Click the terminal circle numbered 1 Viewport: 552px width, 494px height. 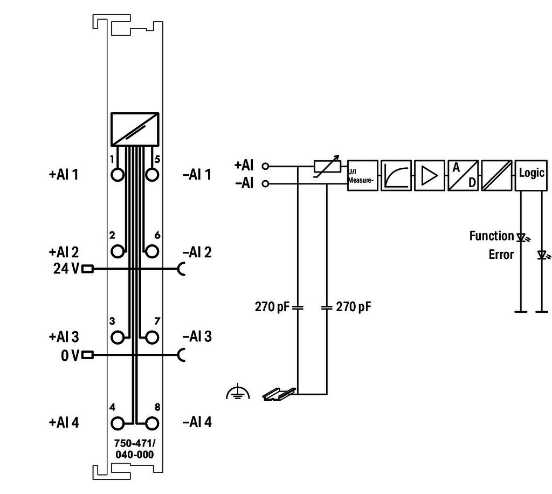click(118, 175)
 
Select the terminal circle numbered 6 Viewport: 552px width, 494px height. click(152, 251)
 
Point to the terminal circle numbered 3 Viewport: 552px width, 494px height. click(118, 337)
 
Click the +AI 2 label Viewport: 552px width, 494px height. click(64, 252)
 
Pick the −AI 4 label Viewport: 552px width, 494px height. click(197, 422)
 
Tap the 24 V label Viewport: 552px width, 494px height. click(66, 269)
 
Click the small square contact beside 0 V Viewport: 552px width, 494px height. click(87, 355)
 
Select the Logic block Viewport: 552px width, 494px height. click(531, 176)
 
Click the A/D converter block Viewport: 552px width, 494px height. click(463, 176)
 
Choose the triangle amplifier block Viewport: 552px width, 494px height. click(430, 176)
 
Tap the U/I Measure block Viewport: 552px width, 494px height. click(363, 176)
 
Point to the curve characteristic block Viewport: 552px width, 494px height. click(396, 176)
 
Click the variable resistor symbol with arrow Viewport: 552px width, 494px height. click(327, 166)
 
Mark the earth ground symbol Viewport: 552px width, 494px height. click(238, 392)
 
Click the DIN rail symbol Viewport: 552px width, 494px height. click(279, 394)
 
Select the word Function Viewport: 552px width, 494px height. click(492, 236)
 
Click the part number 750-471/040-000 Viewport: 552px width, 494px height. click(134, 449)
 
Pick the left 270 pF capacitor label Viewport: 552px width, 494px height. click(272, 307)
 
